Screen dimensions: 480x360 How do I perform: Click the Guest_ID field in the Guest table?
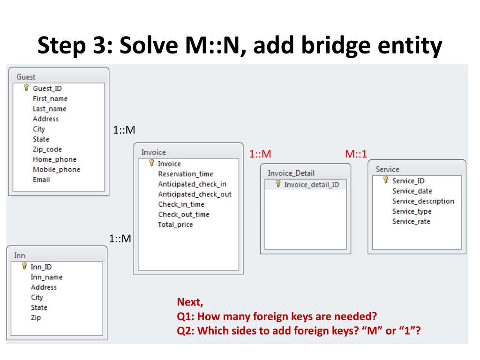(x=47, y=88)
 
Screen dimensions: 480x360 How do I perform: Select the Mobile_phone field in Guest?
(x=56, y=170)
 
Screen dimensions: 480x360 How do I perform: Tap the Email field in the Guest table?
(x=41, y=180)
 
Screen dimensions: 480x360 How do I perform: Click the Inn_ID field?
(x=41, y=267)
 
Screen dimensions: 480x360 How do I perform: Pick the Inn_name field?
(x=46, y=277)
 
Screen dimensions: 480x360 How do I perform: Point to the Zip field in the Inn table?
(x=36, y=317)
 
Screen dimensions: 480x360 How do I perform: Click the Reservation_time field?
(x=185, y=174)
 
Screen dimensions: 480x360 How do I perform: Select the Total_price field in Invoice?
(x=175, y=225)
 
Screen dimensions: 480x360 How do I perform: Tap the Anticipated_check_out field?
(x=195, y=194)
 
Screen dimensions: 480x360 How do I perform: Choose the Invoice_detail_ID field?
(x=311, y=185)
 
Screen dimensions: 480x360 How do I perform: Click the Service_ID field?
(x=408, y=181)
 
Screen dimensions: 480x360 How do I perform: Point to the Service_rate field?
(x=411, y=221)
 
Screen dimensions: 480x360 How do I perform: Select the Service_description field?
(x=423, y=201)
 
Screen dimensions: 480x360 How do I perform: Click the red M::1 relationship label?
(x=356, y=154)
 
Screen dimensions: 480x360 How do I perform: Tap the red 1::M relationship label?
(x=260, y=154)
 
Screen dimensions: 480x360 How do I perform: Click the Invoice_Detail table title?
(x=291, y=173)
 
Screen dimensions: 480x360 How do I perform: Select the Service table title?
(x=387, y=169)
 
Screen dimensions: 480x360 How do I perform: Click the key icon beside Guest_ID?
(x=26, y=88)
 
